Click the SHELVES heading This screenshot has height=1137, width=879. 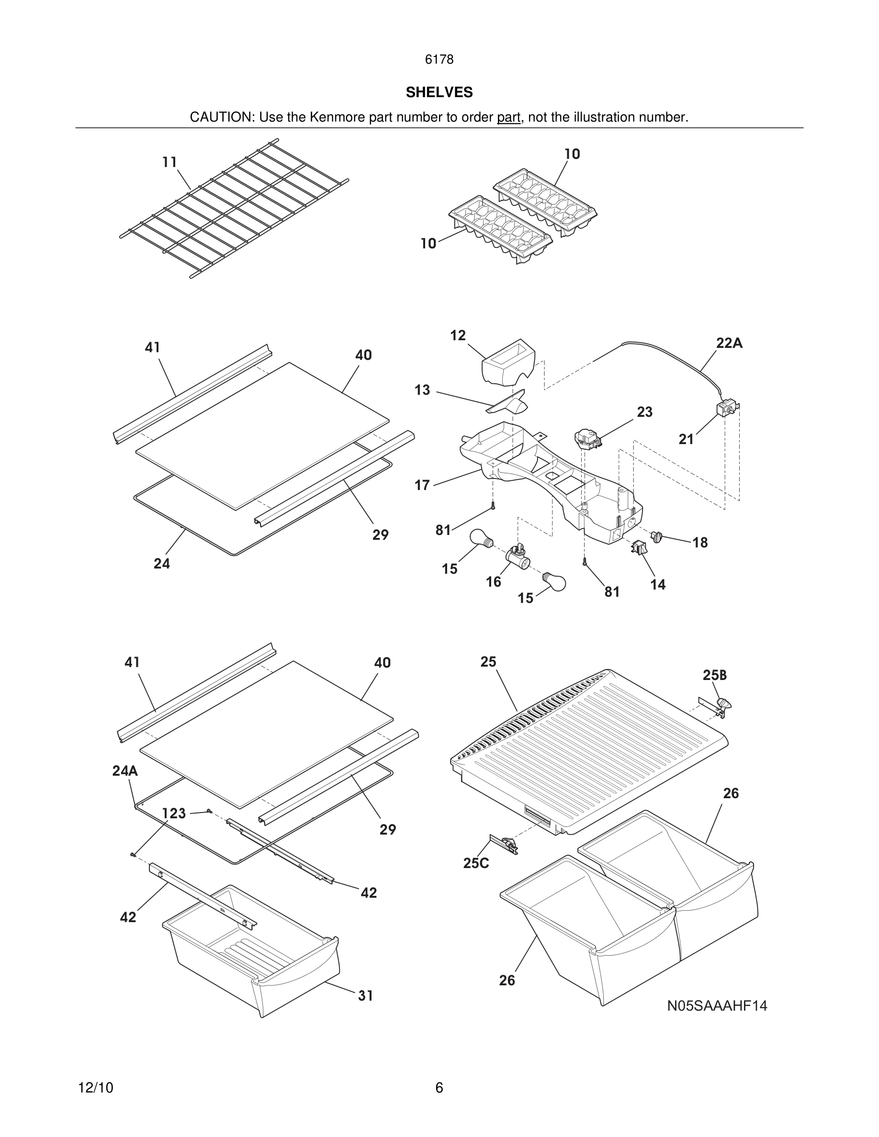point(439,93)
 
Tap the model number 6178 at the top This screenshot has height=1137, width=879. point(439,60)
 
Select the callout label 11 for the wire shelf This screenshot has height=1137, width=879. point(169,162)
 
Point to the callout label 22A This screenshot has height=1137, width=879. point(729,343)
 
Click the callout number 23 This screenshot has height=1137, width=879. point(644,412)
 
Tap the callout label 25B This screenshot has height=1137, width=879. point(714,675)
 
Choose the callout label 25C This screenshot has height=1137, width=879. point(476,863)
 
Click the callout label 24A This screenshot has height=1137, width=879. point(125,770)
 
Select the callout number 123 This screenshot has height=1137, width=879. point(174,813)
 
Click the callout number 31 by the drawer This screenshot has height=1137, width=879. point(366,995)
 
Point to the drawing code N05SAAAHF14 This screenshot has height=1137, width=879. point(717,1006)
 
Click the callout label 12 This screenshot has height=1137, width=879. point(458,335)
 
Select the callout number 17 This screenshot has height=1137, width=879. point(422,485)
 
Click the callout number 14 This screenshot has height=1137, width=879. point(658,585)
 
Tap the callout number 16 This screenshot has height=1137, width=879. point(493,582)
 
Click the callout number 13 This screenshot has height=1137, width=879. point(422,390)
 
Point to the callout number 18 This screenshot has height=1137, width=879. point(700,543)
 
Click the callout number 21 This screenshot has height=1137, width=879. point(686,439)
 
